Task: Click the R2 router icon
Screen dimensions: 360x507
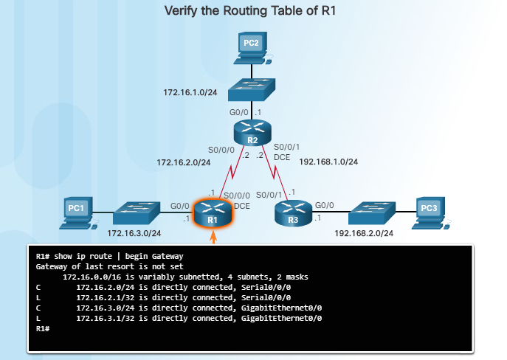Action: (252, 134)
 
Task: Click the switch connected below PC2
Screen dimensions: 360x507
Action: (252, 91)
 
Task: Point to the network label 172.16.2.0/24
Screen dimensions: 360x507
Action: (183, 162)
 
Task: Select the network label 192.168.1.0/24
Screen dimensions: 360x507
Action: (328, 162)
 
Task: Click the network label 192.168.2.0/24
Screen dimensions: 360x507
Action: (364, 233)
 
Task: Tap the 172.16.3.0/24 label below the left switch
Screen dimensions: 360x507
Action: (134, 233)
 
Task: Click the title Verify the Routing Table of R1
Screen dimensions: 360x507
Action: (253, 11)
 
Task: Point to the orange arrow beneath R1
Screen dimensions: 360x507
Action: (213, 238)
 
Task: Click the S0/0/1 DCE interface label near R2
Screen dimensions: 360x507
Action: (286, 151)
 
